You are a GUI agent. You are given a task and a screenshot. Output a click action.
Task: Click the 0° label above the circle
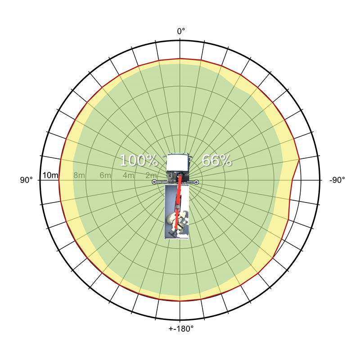181,31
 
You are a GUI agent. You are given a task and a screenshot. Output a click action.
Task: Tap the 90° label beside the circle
27,180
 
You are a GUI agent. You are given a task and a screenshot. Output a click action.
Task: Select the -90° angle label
337,180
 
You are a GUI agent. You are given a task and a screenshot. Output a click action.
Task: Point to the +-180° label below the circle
181,329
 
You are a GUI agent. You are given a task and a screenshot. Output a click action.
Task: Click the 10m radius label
50,175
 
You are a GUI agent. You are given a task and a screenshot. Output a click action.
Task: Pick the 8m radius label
79,175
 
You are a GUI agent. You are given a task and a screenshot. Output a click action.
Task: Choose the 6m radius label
105,175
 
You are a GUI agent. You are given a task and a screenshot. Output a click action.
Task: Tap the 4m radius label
128,175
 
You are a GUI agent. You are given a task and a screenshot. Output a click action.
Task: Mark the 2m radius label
151,175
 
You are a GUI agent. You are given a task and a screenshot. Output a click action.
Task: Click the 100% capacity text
139,160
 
